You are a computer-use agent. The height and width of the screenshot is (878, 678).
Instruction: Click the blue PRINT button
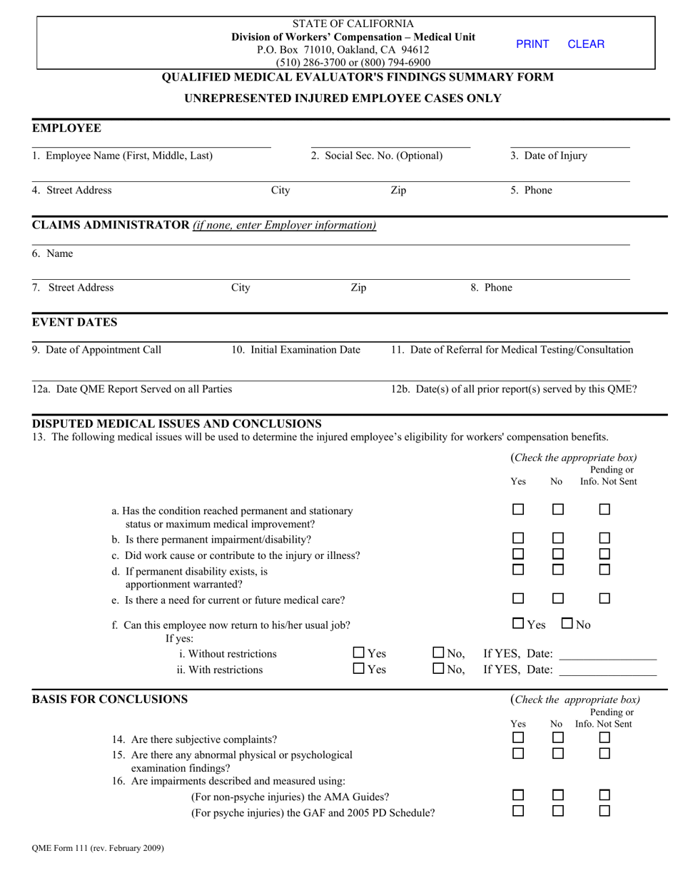pos(532,44)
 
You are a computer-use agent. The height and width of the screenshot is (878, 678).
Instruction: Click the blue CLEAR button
pos(586,44)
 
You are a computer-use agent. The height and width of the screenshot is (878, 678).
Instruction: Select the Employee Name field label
pos(122,156)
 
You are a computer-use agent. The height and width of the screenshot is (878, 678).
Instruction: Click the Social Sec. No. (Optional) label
pos(376,156)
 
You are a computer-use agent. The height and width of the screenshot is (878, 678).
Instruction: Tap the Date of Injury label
pos(549,156)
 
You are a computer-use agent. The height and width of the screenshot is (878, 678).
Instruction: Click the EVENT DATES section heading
pos(75,323)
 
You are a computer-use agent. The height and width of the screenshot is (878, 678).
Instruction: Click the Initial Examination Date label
pos(295,350)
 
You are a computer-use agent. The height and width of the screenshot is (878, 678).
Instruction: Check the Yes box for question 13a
pos(519,510)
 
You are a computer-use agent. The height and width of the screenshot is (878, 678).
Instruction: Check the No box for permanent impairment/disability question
pos(558,538)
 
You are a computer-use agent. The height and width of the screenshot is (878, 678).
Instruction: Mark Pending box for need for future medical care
pos(604,598)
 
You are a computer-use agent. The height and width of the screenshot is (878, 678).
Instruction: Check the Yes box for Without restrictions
pos(359,652)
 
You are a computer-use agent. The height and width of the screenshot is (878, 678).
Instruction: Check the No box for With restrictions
pos(439,669)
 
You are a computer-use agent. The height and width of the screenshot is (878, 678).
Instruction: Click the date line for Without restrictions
pos(607,655)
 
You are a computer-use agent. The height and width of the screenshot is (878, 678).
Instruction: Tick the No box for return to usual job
pos(567,623)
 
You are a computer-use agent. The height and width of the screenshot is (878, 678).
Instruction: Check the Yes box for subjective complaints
pos(519,737)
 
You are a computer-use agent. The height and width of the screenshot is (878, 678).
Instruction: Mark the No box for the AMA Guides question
pos(558,795)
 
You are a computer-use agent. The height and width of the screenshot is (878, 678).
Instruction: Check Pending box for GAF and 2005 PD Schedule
pos(604,811)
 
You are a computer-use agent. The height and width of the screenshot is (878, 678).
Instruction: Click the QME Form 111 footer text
pos(98,849)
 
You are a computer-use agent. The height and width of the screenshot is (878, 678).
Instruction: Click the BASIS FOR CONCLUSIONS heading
pos(110,700)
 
